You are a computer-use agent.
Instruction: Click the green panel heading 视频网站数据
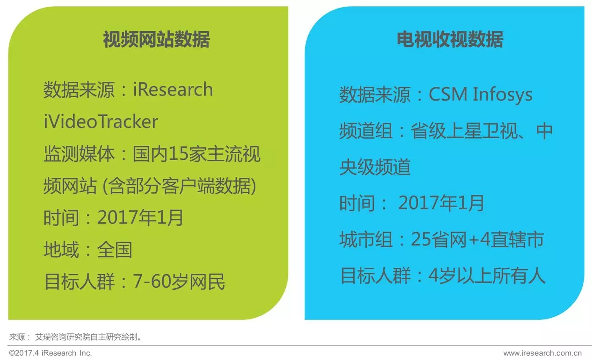[156, 39]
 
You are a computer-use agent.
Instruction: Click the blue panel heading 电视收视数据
[450, 39]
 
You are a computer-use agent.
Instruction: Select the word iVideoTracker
[101, 122]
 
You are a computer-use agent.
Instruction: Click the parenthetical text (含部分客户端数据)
[179, 186]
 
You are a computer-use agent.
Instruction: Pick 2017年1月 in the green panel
[140, 218]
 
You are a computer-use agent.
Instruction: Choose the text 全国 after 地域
[115, 250]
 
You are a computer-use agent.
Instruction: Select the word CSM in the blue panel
[448, 94]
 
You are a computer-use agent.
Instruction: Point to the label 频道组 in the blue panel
[366, 131]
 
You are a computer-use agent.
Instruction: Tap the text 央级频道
[375, 167]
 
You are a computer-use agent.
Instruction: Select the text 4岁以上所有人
[487, 276]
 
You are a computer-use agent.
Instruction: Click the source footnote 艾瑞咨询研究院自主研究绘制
[88, 337]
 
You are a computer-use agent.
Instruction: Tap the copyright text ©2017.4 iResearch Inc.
[50, 353]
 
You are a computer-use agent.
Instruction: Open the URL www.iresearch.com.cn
[542, 353]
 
